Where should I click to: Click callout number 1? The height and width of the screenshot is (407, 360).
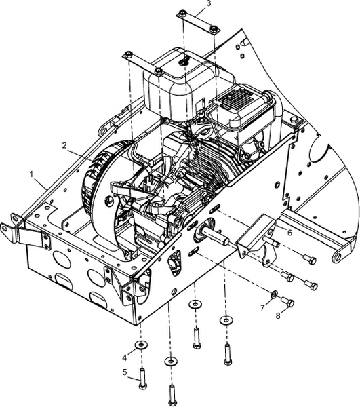(x=32, y=174)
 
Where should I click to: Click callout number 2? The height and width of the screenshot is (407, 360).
(x=65, y=145)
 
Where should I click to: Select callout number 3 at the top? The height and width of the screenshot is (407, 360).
(x=209, y=4)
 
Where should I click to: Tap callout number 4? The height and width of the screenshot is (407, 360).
(x=125, y=357)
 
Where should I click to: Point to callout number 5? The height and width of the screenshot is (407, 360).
(x=125, y=372)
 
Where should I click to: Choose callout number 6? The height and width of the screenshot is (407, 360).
(x=289, y=233)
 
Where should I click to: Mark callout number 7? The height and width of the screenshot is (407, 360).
(x=263, y=308)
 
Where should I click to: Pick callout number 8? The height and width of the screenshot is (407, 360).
(x=278, y=315)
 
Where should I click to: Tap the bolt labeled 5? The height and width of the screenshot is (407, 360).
(x=142, y=378)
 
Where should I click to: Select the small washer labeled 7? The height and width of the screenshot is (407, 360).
(x=274, y=294)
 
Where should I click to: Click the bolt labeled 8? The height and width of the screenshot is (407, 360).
(x=287, y=302)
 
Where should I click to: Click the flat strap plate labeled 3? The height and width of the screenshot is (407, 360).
(x=199, y=22)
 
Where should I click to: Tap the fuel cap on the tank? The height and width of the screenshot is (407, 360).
(x=184, y=61)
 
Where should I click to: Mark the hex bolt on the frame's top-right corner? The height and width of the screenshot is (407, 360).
(x=294, y=120)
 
